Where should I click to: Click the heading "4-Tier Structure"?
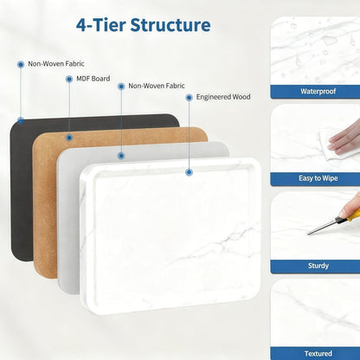(x=144, y=25)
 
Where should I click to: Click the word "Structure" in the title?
(x=170, y=25)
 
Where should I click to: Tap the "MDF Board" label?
(x=93, y=79)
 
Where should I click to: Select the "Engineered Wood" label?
(x=223, y=97)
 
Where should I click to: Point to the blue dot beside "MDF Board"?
(x=69, y=79)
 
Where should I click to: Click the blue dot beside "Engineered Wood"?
(x=189, y=98)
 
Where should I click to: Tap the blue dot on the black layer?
(x=21, y=120)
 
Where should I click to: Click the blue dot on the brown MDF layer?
(x=69, y=138)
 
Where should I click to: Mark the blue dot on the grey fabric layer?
(x=121, y=156)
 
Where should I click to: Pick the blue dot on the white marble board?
(x=189, y=172)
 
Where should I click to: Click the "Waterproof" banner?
(x=315, y=92)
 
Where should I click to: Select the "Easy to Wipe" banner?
(x=315, y=178)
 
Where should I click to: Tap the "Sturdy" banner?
(x=315, y=266)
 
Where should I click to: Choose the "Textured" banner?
(x=315, y=354)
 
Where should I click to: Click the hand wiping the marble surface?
(x=345, y=138)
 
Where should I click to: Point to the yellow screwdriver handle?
(x=354, y=215)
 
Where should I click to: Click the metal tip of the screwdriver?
(x=309, y=233)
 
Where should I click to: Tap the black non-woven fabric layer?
(x=22, y=188)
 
